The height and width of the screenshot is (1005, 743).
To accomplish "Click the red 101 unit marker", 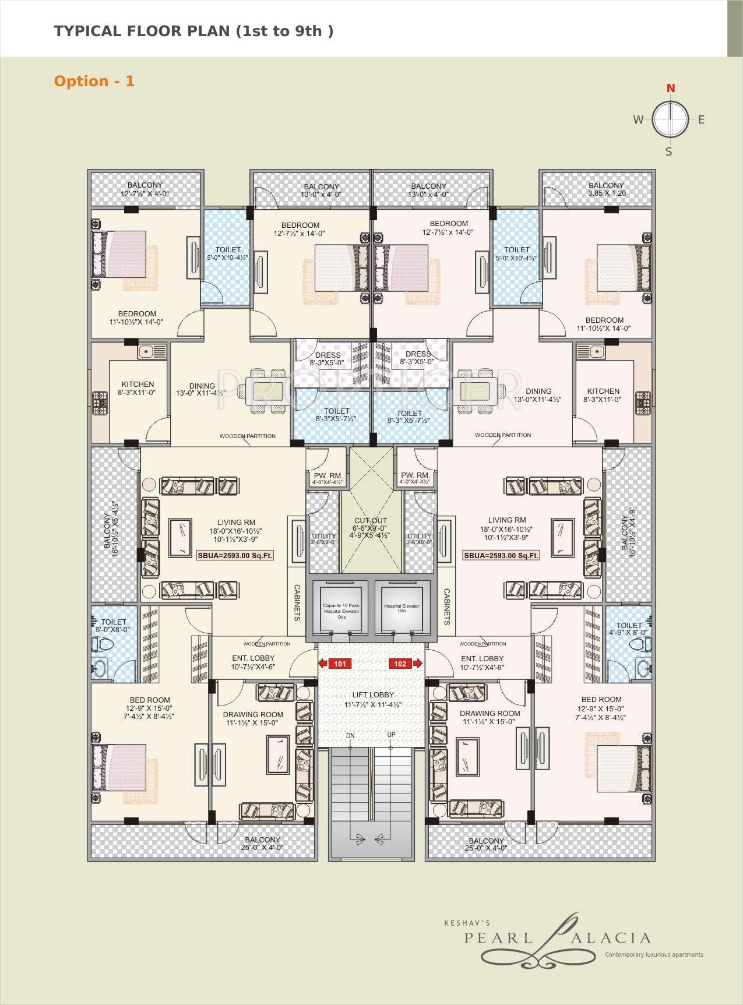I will point(340,663).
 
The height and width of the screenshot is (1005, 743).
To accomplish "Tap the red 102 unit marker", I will point(401,663).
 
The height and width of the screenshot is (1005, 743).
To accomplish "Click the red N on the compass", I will point(671,88).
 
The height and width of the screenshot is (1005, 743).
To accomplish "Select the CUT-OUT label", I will point(371,521).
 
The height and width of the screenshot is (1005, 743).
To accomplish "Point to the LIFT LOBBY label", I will point(373,694).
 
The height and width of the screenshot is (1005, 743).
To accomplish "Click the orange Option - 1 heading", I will point(94,81).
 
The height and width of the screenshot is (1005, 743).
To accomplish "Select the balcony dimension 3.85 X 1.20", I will point(607,193).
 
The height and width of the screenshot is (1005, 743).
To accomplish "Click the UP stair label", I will point(391,734).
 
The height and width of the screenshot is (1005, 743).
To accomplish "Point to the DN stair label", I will point(350,735).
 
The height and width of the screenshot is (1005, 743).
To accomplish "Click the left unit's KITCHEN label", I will point(138,384).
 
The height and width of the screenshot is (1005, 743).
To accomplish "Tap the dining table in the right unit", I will point(478,392).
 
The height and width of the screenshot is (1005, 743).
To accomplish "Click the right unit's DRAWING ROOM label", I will point(490,713).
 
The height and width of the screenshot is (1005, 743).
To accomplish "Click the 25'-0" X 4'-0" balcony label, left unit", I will point(262,848).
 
